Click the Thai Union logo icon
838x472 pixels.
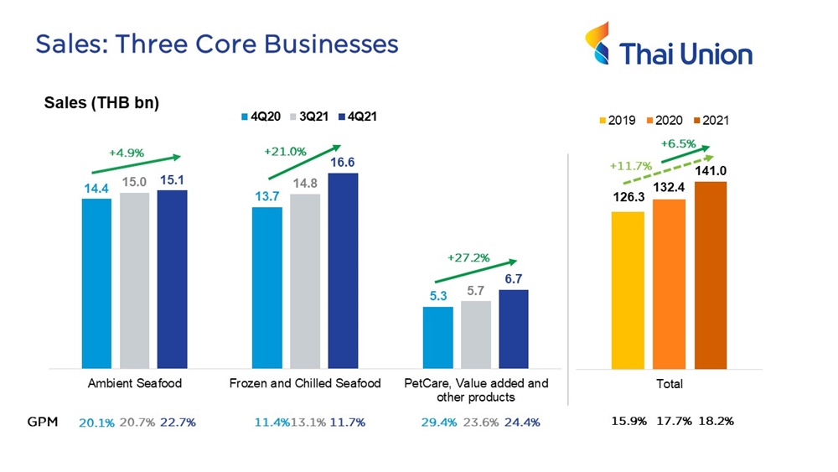pyautogui.click(x=598, y=44)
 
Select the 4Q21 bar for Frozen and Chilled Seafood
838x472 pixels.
pyautogui.click(x=343, y=270)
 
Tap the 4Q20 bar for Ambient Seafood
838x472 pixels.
pyautogui.click(x=96, y=283)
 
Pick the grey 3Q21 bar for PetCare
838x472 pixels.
pyautogui.click(x=476, y=334)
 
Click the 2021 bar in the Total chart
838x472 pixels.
pyautogui.click(x=711, y=275)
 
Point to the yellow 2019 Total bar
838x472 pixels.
pyautogui.click(x=628, y=290)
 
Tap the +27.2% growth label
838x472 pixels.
pyautogui.click(x=469, y=258)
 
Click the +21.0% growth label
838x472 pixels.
pyautogui.click(x=285, y=152)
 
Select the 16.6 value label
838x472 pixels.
pyautogui.click(x=343, y=162)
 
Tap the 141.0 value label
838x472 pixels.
pyautogui.click(x=711, y=171)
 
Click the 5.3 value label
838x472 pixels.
pyautogui.click(x=437, y=296)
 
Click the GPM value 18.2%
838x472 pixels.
pyautogui.click(x=716, y=421)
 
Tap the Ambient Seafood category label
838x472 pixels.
pyautogui.click(x=134, y=383)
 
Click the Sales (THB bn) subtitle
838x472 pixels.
pyautogui.click(x=101, y=103)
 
